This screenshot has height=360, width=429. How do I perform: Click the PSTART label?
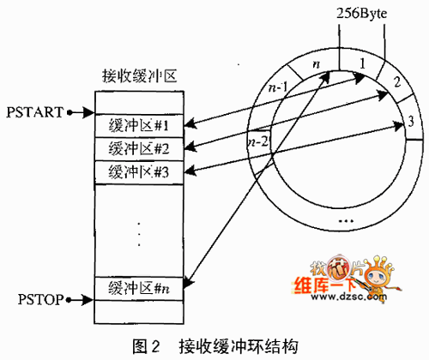coord(35,112)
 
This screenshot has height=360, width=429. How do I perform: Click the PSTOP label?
coord(40,299)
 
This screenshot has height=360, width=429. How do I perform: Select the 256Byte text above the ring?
coord(361,14)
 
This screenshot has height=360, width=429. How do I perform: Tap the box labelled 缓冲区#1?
coord(139,126)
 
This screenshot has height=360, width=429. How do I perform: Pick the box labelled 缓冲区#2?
coord(139,149)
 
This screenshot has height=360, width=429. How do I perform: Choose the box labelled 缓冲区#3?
coord(139,172)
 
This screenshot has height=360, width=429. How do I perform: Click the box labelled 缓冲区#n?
coord(139,288)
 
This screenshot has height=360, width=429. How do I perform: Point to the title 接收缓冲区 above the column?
coord(140,76)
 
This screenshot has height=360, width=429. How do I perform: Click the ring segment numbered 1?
coord(361,63)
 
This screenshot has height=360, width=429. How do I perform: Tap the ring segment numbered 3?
coord(411,121)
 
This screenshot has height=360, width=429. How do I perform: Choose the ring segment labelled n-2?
coord(258,141)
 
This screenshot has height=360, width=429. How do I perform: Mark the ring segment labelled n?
coord(315,63)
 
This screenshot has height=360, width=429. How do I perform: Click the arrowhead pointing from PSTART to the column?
coord(88,112)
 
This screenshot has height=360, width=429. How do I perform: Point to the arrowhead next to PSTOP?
coord(88,300)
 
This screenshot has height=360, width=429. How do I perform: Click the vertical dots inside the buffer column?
coord(139,234)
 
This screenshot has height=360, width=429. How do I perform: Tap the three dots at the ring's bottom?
coord(346,220)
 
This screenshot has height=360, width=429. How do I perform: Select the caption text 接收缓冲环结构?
coord(239,346)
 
